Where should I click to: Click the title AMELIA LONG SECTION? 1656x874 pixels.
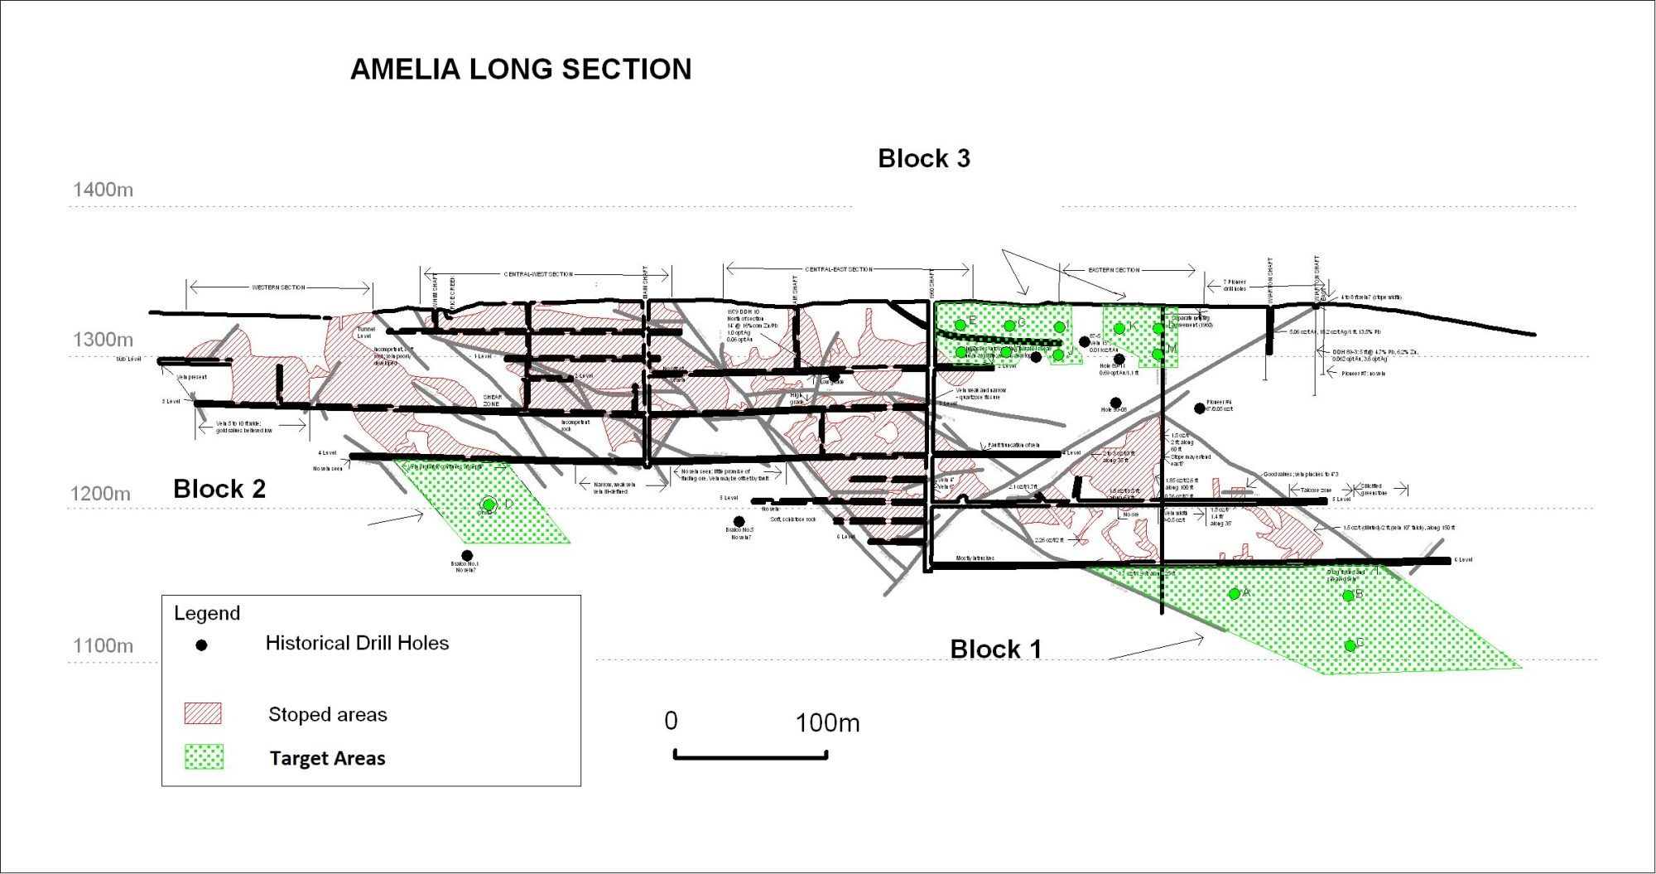[x=521, y=70]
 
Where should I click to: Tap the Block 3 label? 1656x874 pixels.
[x=923, y=158]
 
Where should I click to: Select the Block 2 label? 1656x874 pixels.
[x=219, y=489]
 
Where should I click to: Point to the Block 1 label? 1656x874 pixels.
[x=995, y=649]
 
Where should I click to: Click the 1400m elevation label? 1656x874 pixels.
[x=103, y=190]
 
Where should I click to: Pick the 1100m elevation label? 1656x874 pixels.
[x=103, y=645]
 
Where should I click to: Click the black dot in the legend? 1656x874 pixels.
[x=201, y=645]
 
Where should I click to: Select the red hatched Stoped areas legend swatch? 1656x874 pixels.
[x=203, y=714]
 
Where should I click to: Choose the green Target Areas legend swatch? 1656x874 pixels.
[x=204, y=757]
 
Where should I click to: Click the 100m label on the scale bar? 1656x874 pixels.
[x=827, y=723]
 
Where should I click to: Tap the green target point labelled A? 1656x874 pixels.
[x=1235, y=593]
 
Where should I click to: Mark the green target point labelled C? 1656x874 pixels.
[x=1350, y=645]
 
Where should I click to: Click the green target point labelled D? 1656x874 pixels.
[x=489, y=505]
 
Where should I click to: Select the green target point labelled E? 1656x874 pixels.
[x=960, y=324]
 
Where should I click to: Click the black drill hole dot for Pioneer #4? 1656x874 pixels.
[x=1199, y=408]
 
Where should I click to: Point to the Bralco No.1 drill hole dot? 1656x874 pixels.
[x=467, y=555]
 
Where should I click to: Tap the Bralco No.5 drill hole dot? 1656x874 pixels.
[x=739, y=521]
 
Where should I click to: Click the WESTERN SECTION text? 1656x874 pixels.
[x=279, y=287]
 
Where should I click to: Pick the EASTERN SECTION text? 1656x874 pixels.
[x=1114, y=270]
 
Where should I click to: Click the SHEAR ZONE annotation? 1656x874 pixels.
[x=492, y=400]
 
